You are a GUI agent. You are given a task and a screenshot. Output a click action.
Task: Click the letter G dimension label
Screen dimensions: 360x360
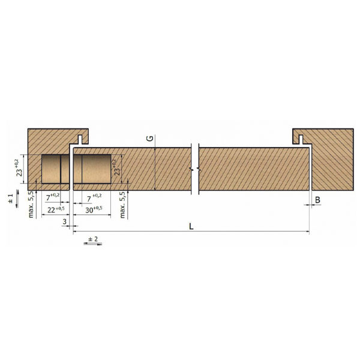point(151,138)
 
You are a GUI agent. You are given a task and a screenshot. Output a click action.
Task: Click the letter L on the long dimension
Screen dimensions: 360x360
point(191,226)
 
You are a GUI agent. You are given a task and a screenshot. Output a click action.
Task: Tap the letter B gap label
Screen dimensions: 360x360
point(317,200)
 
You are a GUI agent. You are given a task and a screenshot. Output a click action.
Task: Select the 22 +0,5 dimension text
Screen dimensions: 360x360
point(56,209)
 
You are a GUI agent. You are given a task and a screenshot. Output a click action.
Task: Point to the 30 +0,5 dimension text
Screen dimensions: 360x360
point(94,209)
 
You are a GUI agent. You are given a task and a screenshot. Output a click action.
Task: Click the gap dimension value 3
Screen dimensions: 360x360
point(65,221)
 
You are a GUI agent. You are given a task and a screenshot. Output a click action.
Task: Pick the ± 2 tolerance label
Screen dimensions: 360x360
point(93,239)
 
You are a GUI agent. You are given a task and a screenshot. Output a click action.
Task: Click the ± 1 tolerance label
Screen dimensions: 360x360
point(11,199)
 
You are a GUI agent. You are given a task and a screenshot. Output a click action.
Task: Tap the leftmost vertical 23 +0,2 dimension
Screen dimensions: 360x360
point(19,168)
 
